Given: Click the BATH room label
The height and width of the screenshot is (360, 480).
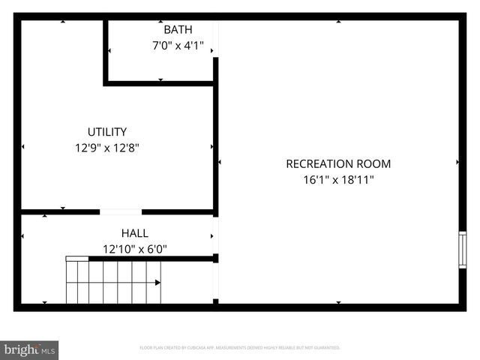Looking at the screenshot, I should [178, 30].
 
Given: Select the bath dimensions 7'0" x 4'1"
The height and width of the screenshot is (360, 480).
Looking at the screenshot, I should [178, 46].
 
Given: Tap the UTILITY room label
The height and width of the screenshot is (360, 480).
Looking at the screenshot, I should [106, 131].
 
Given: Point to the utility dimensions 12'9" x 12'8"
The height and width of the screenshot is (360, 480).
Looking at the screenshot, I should [106, 148].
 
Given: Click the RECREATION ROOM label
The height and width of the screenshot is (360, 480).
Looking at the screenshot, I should [338, 163].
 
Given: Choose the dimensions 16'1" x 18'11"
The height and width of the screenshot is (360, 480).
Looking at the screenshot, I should [338, 180].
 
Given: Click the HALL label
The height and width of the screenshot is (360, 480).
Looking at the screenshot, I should [135, 233].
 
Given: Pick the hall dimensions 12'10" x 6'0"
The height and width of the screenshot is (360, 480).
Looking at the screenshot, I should [135, 249].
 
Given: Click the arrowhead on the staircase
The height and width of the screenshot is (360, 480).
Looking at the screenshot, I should [157, 283].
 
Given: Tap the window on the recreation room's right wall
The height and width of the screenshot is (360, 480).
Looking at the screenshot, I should [462, 250].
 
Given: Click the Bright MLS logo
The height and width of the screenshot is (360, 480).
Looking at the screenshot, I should [29, 349].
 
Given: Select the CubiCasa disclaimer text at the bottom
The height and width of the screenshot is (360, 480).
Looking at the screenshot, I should [240, 348].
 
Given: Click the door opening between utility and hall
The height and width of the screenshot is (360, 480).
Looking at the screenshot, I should [121, 212].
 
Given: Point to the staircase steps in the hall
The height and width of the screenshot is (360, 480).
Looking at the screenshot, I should [112, 283].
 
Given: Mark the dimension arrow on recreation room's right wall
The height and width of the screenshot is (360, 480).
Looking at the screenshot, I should [457, 162].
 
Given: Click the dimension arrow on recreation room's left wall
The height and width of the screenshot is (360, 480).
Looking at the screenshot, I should [220, 162].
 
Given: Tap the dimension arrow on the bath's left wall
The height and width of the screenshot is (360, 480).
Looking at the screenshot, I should [110, 51].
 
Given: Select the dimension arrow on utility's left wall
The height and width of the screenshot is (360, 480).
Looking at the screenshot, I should [24, 147].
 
